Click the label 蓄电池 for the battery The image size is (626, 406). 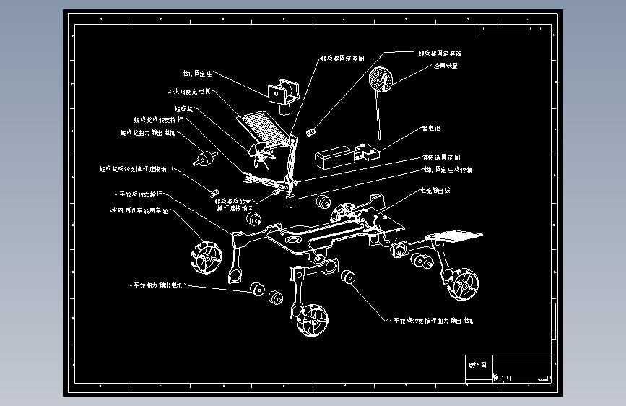pyautogui.click(x=431, y=129)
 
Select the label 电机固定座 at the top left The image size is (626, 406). pyautogui.click(x=196, y=74)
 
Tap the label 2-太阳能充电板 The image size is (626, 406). pyautogui.click(x=189, y=92)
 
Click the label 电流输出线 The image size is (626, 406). pyautogui.click(x=435, y=191)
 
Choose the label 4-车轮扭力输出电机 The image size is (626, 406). pyautogui.click(x=157, y=285)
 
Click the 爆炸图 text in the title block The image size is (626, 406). pyautogui.click(x=478, y=363)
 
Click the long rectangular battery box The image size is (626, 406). pyautogui.click(x=334, y=158)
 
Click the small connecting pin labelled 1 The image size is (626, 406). pyautogui.click(x=213, y=192)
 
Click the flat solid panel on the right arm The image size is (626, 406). pyautogui.click(x=455, y=236)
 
